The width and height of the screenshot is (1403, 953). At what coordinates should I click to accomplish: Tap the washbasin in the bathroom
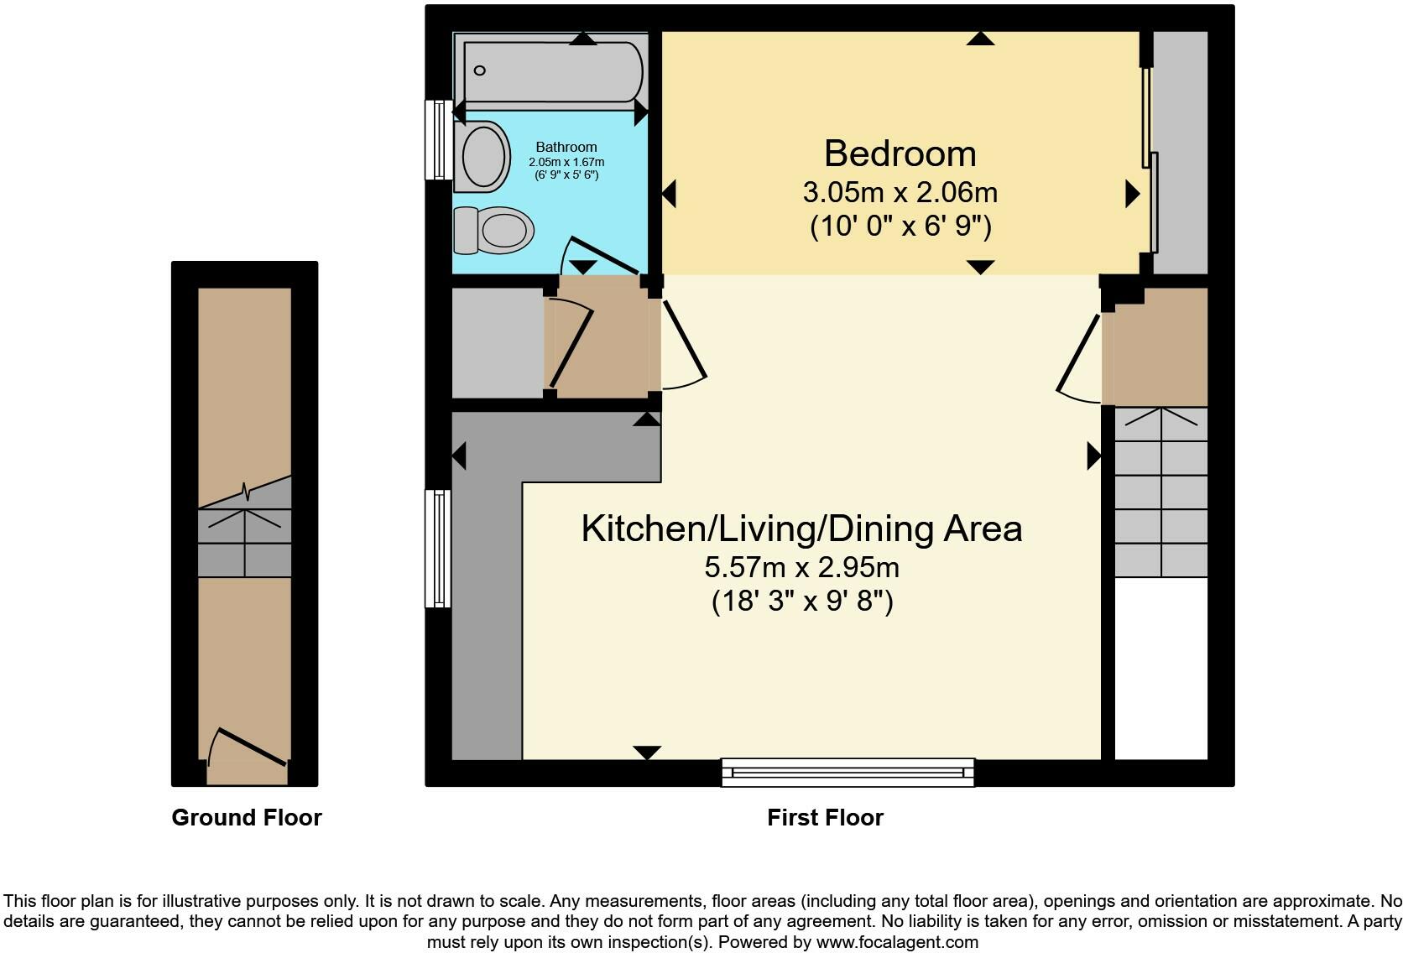pyautogui.click(x=484, y=156)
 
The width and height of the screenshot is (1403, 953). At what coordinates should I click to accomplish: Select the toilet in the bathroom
pyautogui.click(x=495, y=230)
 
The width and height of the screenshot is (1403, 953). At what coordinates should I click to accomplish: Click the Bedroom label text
pyautogui.click(x=900, y=154)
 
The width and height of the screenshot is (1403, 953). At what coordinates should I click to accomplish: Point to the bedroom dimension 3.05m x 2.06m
pyautogui.click(x=900, y=193)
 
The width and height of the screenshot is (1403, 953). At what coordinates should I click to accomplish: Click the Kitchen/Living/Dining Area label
pyautogui.click(x=801, y=529)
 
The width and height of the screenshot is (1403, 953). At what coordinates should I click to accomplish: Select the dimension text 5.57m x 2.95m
pyautogui.click(x=801, y=568)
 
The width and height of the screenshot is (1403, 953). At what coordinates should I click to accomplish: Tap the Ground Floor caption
pyautogui.click(x=246, y=818)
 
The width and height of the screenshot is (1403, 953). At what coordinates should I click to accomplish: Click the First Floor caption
pyautogui.click(x=825, y=818)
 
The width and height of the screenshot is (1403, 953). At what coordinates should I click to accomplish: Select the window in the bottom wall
pyautogui.click(x=848, y=772)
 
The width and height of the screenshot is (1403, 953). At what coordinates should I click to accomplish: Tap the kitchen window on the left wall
pyautogui.click(x=438, y=549)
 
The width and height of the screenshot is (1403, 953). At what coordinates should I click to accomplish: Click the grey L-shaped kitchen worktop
pyautogui.click(x=487, y=587)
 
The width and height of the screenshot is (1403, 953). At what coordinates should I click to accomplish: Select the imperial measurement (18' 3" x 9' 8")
pyautogui.click(x=801, y=601)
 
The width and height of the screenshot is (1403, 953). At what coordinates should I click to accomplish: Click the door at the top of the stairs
pyautogui.click(x=1078, y=357)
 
